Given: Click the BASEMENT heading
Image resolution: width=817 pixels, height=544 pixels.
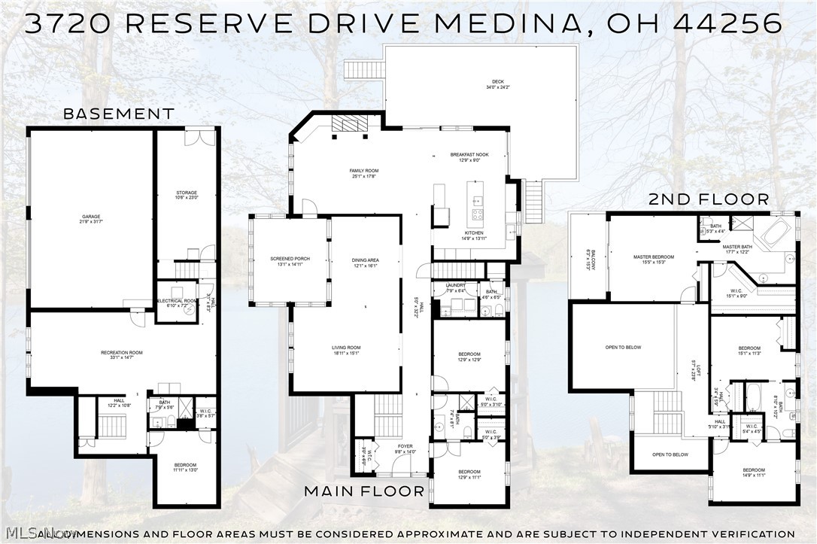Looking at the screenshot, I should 118,114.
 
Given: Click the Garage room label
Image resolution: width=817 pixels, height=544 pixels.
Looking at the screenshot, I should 91,220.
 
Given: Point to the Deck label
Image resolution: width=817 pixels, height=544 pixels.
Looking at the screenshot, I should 498,85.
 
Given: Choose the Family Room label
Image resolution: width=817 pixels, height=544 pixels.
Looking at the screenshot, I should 363,174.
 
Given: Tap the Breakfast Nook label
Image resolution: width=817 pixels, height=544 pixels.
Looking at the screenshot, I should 469,157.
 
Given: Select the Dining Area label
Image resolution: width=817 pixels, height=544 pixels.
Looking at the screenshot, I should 365,263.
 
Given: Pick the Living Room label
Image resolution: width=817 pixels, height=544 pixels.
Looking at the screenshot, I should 345,350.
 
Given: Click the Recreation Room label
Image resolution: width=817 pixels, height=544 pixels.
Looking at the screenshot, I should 122,354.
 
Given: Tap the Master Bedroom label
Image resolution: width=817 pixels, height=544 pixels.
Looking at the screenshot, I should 653,260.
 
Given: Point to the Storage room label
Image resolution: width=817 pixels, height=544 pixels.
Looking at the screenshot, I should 187,195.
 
